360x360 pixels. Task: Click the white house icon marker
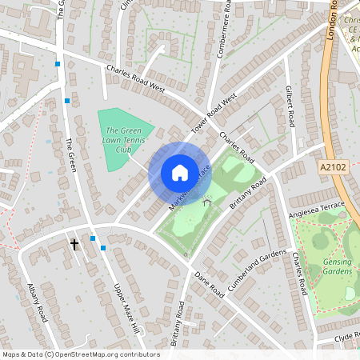pos(179,172)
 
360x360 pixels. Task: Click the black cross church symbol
pos(74,243)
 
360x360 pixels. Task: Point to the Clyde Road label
pos(346,337)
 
